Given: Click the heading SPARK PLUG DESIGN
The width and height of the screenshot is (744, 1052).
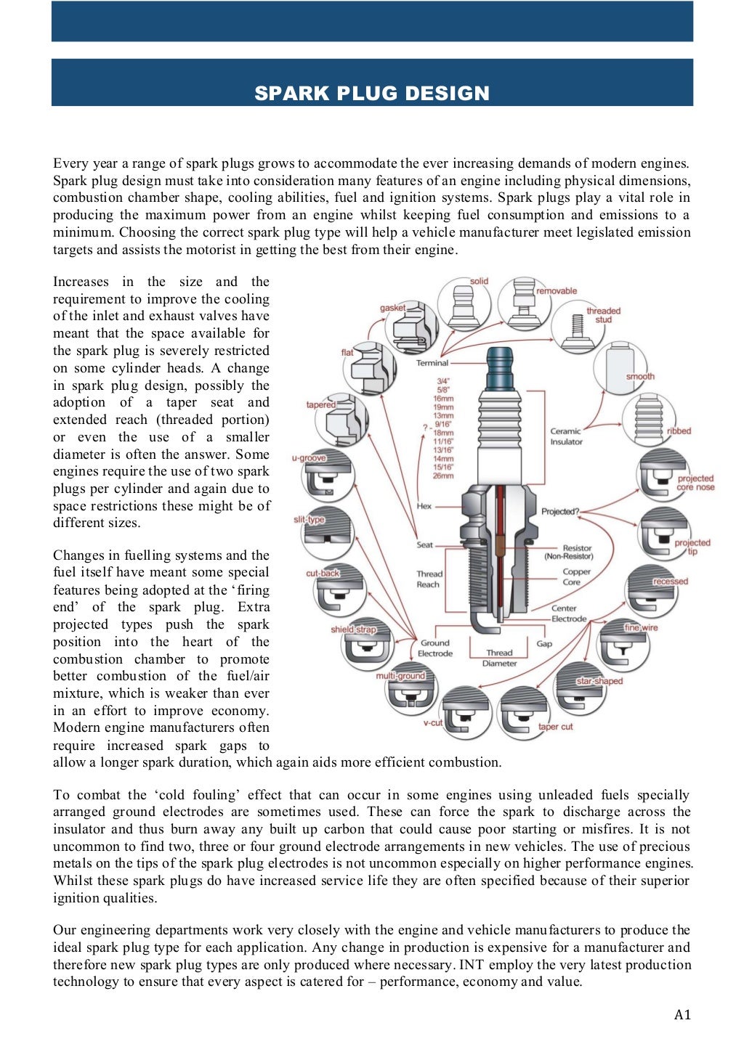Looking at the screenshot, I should pos(372,93).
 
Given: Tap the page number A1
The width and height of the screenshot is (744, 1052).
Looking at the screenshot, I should pos(682,1014).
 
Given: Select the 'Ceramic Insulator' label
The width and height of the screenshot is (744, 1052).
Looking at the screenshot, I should pos(566,436).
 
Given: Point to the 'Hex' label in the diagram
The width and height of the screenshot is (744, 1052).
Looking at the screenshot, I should pos(424,506).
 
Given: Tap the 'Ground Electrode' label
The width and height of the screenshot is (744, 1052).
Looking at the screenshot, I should pos(434,648).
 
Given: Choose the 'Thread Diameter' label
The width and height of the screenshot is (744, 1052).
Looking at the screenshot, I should pos(499,658).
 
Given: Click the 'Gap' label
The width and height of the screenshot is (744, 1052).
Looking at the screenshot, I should pos(544,643).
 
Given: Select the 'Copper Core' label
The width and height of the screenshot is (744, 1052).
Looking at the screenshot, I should pos(576,576).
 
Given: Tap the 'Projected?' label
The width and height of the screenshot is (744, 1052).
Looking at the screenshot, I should pos(559,511).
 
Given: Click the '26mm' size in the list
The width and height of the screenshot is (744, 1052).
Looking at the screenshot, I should pos(443,476).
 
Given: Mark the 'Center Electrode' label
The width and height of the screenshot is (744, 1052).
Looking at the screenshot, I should pos(568,613).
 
